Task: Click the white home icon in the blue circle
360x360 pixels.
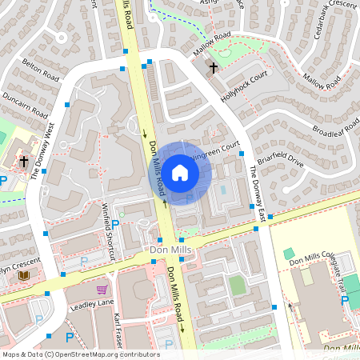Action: point(180,172)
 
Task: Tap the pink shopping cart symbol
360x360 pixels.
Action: point(102,290)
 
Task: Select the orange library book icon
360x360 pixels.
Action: point(24,275)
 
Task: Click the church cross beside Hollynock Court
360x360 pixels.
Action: point(213,68)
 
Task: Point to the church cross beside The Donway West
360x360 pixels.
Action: point(24,162)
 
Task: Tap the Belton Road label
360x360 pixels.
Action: point(42,70)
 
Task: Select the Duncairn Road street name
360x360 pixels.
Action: point(24,108)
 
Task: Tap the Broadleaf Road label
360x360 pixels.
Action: point(336,128)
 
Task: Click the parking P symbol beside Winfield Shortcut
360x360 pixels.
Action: point(115,225)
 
